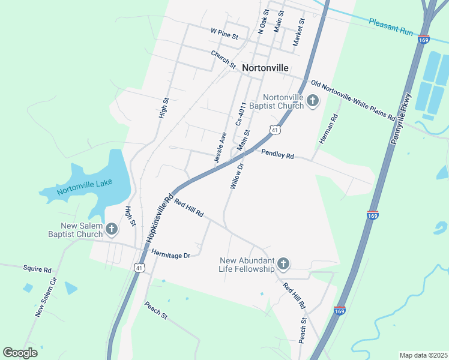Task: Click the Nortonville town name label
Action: [x=265, y=68]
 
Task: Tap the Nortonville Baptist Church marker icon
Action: [x=313, y=101]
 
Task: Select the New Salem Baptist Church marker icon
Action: [x=111, y=229]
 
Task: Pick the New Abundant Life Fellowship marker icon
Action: [x=283, y=263]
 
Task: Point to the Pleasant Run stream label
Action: [x=391, y=26]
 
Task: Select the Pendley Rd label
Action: [x=277, y=154]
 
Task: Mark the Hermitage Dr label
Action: [x=170, y=254]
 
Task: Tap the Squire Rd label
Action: [x=37, y=269]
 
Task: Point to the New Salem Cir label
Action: [x=46, y=297]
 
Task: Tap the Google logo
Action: [x=20, y=353]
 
